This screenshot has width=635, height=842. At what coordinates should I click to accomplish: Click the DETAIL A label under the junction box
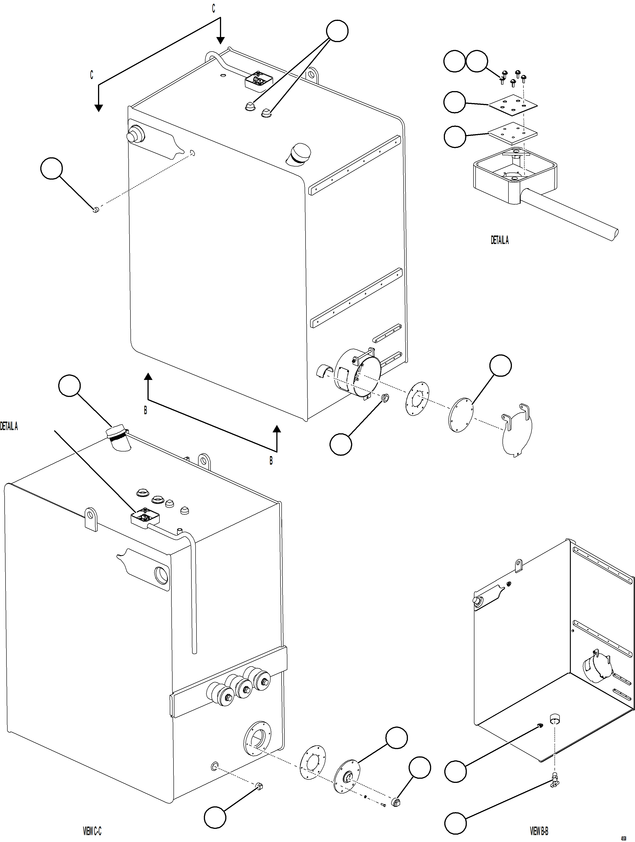(x=499, y=240)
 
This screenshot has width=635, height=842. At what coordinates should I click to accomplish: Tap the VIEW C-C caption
(x=92, y=830)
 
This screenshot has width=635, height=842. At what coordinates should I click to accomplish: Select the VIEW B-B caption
(x=539, y=830)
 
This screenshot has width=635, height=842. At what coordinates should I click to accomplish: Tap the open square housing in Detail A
(x=514, y=175)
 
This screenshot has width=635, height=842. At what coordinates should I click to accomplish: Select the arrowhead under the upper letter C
(x=220, y=40)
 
